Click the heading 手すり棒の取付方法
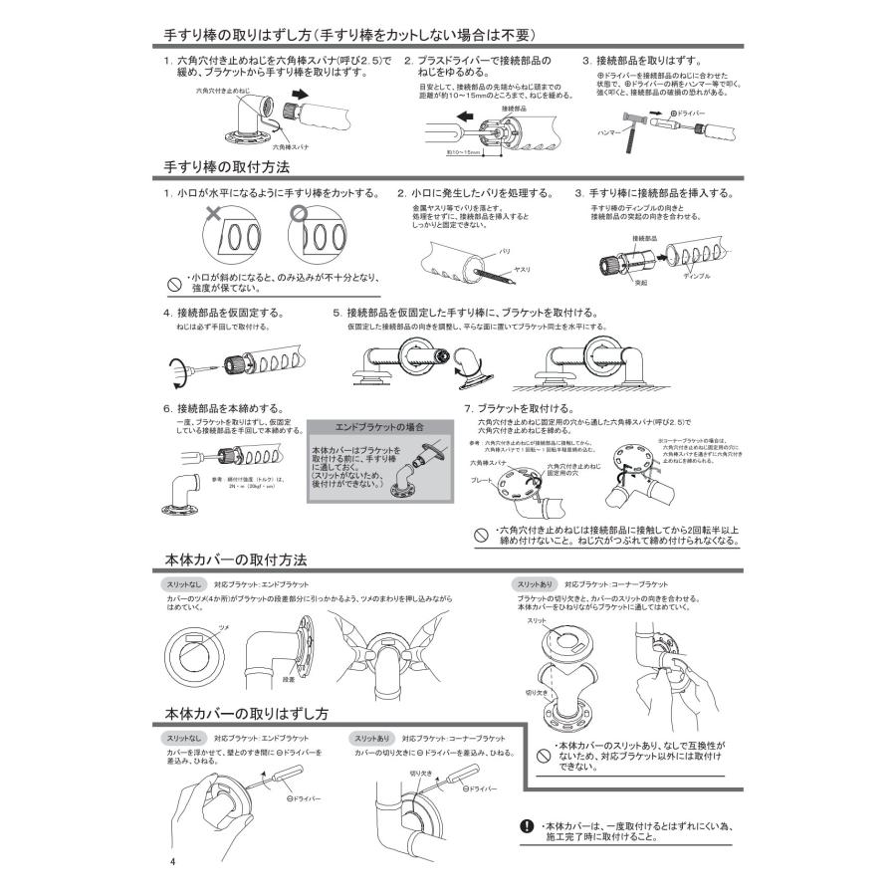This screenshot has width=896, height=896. click(227, 166)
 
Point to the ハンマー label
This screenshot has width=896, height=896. click(608, 130)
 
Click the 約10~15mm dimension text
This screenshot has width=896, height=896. click(464, 153)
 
